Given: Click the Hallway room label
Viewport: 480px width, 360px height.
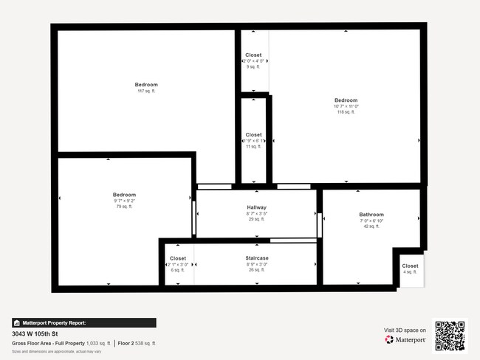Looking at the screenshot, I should coord(257,207).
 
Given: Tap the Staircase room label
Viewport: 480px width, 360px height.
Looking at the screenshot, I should coord(257,258).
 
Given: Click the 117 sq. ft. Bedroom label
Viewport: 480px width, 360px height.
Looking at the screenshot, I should coord(146,85).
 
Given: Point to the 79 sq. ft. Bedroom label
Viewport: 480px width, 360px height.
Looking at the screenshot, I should coord(124,195).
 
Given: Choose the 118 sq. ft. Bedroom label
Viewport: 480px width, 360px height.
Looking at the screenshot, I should coord(346,100).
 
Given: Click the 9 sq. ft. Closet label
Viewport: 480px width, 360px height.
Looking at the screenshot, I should coord(253,55).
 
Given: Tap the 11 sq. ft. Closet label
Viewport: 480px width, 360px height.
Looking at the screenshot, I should coord(253,135).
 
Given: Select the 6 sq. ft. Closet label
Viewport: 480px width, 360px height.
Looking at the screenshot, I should coord(178,258).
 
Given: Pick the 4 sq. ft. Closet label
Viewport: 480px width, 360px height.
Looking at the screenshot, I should coord(410,266).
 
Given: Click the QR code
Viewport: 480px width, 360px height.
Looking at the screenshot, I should coord(450,336).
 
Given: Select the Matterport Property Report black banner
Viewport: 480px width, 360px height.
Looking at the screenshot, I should coord(84,322).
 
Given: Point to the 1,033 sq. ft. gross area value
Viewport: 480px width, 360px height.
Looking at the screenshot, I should coord(98,343).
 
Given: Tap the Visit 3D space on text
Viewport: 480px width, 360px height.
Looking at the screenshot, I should coord(405,330).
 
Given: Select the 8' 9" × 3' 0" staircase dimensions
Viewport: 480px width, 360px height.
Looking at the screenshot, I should coord(256,264).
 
